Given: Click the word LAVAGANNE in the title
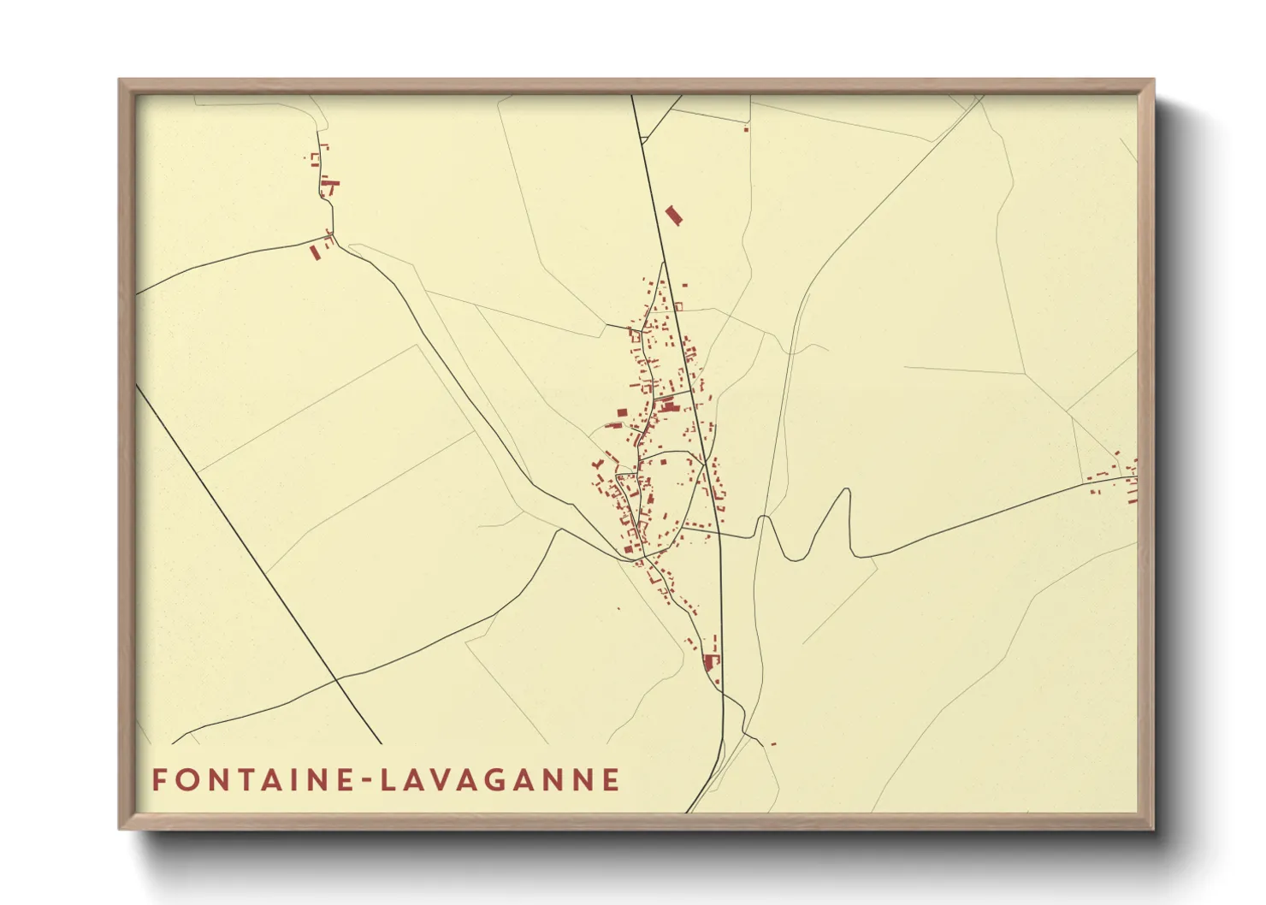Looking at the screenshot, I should pos(500,780).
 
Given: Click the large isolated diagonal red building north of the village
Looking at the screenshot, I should pos(674,215).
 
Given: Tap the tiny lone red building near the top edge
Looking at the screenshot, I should pos(747,129).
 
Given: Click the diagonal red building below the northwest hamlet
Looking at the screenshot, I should pos(315,252).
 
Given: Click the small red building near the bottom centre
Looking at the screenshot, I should pos(772,743).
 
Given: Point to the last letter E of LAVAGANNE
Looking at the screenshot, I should pos(612,780).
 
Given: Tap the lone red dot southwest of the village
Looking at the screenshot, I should pos(618,609).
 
